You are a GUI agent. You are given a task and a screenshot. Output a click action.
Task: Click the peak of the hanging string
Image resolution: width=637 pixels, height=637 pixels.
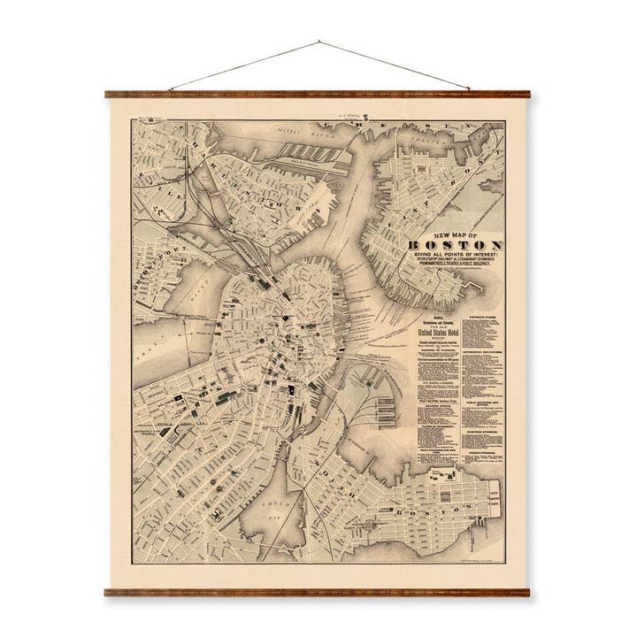pos(318,42)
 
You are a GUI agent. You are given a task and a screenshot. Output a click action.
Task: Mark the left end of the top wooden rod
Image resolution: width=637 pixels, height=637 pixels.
pos(107,93)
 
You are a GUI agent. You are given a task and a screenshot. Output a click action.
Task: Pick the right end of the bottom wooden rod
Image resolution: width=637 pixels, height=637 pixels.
pos(528,592)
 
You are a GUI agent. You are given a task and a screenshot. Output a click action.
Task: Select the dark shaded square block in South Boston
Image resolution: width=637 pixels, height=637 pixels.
pos(443,478)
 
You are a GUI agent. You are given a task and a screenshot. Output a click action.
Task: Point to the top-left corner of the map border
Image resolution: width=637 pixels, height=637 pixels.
pos(133,120)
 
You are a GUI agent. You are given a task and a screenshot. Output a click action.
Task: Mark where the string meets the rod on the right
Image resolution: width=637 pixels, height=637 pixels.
pos(469,89)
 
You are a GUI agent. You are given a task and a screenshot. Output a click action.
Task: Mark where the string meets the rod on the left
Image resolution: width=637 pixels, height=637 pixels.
pos(168,89)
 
